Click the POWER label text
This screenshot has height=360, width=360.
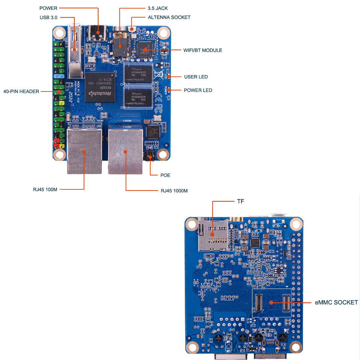click(x=48, y=8)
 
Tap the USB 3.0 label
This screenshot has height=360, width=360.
click(x=48, y=18)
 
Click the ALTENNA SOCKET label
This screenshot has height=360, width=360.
click(x=169, y=17)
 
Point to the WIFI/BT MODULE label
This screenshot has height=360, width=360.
click(x=202, y=50)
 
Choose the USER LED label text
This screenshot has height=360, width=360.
click(x=196, y=77)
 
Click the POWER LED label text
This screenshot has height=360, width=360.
click(x=198, y=90)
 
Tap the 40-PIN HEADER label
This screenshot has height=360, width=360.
click(x=21, y=91)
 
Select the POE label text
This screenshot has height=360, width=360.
click(x=165, y=175)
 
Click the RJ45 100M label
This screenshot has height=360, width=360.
click(x=45, y=189)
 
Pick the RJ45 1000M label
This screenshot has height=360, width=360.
click(x=174, y=191)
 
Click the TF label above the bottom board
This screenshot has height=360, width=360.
click(x=240, y=202)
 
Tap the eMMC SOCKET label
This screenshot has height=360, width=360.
click(x=336, y=302)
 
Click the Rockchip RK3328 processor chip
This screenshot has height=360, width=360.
click(x=100, y=87)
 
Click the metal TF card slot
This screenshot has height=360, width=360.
click(x=211, y=234)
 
